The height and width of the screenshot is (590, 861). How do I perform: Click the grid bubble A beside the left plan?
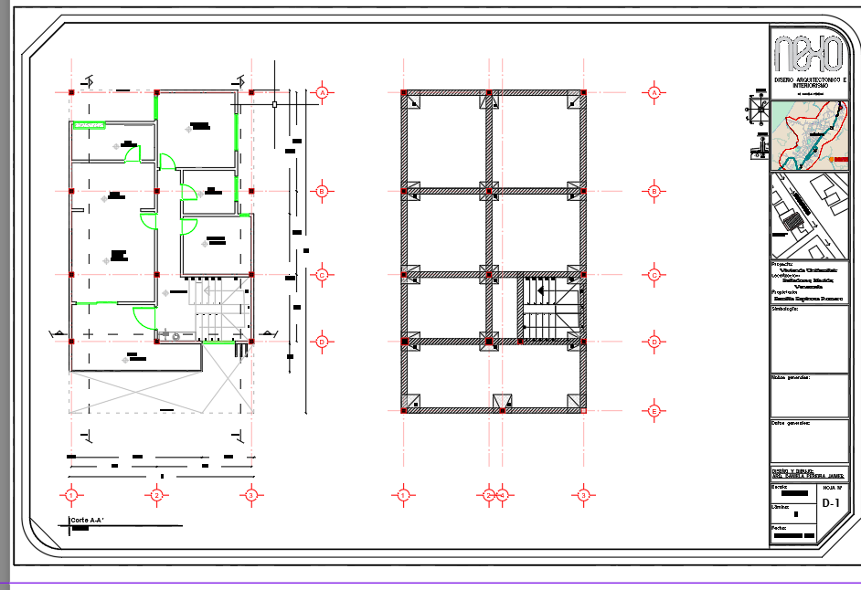(322, 92)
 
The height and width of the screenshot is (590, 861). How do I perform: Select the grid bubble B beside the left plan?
(322, 191)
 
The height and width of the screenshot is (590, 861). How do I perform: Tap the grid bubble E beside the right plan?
(654, 410)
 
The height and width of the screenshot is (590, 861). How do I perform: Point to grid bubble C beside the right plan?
(654, 274)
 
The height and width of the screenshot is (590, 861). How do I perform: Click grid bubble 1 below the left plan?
(70, 495)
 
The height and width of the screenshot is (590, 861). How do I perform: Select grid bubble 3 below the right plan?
(583, 495)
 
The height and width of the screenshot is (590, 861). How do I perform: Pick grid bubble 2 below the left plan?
(157, 495)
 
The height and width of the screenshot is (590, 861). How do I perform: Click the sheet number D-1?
(830, 503)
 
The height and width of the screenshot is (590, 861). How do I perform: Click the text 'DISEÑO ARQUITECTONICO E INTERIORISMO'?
(809, 83)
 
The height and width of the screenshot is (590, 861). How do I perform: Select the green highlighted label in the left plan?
(88, 124)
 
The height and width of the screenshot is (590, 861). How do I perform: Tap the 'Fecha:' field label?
(780, 527)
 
